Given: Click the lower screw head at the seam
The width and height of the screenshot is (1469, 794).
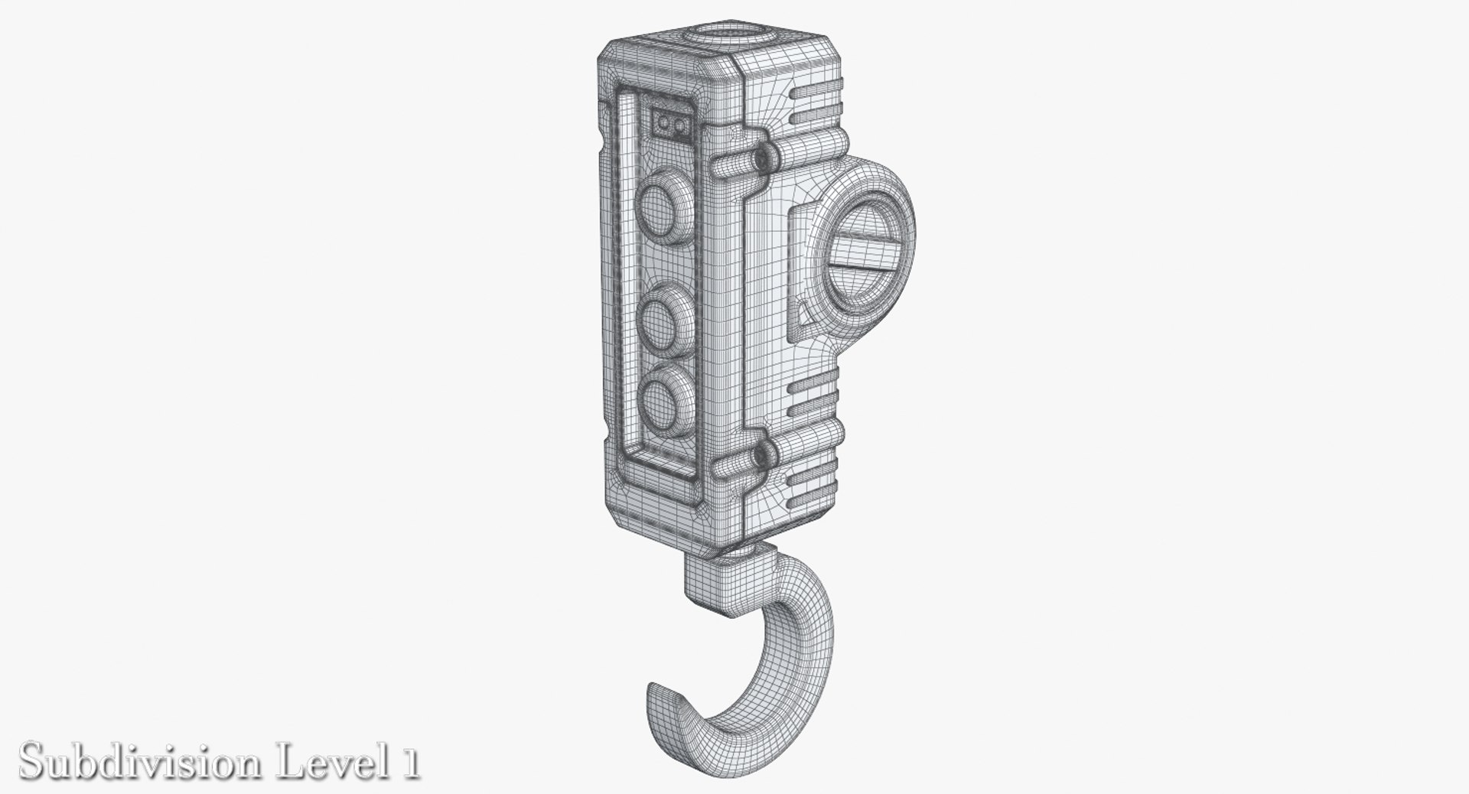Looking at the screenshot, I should click(x=761, y=457).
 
